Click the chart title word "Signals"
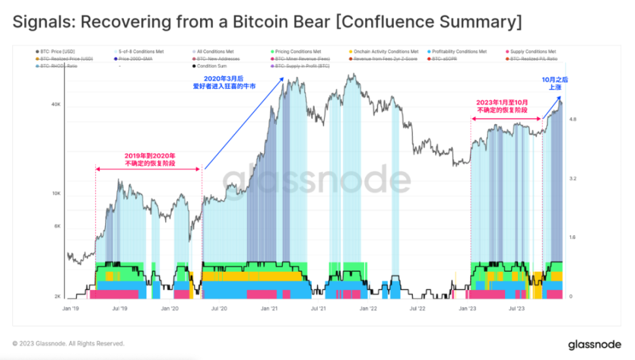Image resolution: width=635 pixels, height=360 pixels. pos(41,22)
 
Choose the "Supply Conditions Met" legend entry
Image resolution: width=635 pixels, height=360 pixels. pos(534,51)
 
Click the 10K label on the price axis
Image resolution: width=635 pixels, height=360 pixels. pos(56,194)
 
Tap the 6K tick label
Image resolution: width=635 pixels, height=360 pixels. pos(57,227)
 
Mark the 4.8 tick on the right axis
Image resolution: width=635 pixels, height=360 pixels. pos(573,120)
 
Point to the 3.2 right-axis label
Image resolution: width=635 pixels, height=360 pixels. pos(573,178)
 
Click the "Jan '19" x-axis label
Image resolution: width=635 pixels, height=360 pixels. pos(71,307)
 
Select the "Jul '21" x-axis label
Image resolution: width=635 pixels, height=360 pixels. pos(318,307)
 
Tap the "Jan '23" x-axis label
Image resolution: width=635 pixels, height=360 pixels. pos(466,307)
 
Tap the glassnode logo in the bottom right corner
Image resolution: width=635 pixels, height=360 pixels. pos(589,344)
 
